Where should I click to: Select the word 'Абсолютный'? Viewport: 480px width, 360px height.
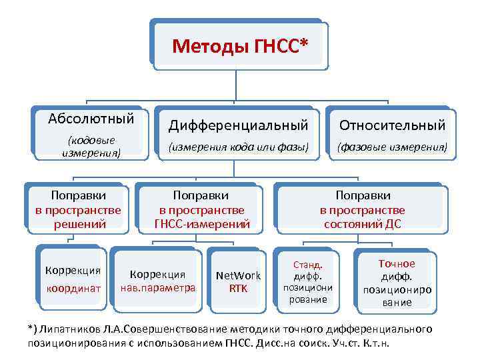click(x=91, y=119)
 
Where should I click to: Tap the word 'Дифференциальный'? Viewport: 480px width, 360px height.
click(x=238, y=125)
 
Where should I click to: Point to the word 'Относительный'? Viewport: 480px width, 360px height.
click(x=392, y=125)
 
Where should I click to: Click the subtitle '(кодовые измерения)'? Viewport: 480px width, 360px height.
click(x=91, y=146)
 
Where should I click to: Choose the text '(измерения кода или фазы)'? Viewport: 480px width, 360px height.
click(x=238, y=146)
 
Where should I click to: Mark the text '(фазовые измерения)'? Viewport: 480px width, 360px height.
click(x=392, y=146)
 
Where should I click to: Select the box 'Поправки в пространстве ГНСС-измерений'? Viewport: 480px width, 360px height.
click(x=201, y=209)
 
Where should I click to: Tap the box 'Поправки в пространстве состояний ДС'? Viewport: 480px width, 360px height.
click(x=363, y=209)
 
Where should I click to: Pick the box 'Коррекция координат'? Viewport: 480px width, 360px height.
click(x=73, y=279)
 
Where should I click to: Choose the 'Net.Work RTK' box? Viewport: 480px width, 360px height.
click(x=238, y=281)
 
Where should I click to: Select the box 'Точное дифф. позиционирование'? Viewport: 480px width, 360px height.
click(x=397, y=283)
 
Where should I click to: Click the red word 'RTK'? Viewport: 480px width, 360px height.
click(x=238, y=288)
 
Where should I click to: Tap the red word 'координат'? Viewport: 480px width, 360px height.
click(x=73, y=288)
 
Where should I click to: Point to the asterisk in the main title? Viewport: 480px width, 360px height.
click(x=305, y=43)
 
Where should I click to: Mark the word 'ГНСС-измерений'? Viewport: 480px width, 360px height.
click(x=201, y=224)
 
